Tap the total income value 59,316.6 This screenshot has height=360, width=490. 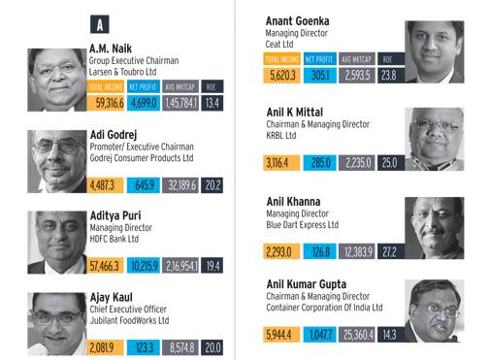tap(107, 103)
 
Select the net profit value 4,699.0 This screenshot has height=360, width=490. tap(145, 103)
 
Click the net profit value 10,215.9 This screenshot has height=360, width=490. tap(145, 264)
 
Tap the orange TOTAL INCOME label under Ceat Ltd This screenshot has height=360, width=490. tap(284, 59)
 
